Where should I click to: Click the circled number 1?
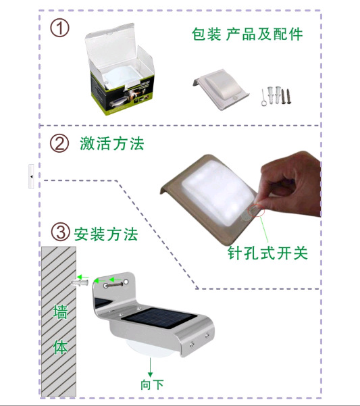coord(59,28)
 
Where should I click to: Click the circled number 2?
coord(59,143)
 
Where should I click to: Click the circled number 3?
coord(60,232)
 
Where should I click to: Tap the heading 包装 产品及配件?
coord(247,34)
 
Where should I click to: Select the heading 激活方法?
coord(112,143)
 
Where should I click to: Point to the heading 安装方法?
coord(106,234)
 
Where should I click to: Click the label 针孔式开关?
coord(267,253)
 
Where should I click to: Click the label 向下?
coord(152,384)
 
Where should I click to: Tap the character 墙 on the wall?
coord(60,311)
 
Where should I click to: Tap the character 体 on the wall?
coord(60,347)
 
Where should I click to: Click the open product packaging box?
coord(120,70)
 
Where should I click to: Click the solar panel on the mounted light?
coord(159,318)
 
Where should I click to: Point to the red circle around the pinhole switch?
coord(256,210)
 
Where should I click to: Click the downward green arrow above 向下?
coord(150,367)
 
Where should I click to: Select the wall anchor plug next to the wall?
coord(80,282)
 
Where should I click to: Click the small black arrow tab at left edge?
coord(31,176)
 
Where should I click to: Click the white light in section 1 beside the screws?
coord(222,89)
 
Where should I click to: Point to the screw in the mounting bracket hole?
coord(113,285)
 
